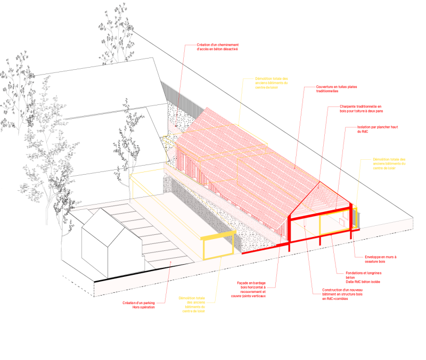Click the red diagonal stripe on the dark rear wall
point(174,128)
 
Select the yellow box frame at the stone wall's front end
point(218,244)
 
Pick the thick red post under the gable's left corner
point(289,234)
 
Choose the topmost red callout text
point(217,47)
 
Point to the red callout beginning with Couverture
point(335,88)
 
